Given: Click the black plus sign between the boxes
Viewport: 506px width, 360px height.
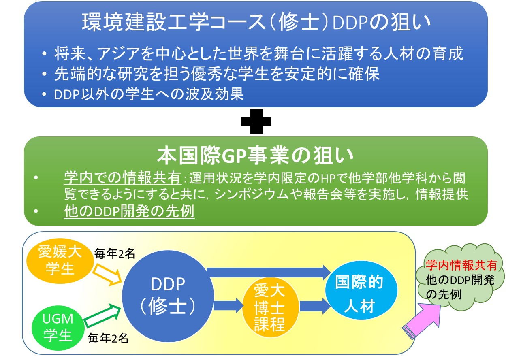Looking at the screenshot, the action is [x=256, y=121].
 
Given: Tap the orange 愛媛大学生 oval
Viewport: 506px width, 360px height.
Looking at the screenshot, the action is [x=60, y=261].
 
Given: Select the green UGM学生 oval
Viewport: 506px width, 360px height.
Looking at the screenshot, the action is [x=58, y=328].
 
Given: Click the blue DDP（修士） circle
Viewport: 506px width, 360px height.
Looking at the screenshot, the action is [x=168, y=296].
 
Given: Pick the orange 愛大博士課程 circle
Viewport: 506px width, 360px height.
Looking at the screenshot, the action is [x=271, y=307].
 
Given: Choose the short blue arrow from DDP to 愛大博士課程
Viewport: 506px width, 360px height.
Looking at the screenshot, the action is [x=228, y=306].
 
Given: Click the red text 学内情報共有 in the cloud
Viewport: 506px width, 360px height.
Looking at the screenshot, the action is [x=461, y=265].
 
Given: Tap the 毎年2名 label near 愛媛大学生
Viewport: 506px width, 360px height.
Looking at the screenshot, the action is [x=115, y=253].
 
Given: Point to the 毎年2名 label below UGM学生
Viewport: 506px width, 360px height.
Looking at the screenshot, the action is [x=108, y=338].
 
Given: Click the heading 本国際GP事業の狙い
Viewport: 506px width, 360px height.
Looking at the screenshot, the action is [x=255, y=156].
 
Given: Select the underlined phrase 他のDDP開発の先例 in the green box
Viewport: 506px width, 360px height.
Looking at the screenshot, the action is [x=129, y=211].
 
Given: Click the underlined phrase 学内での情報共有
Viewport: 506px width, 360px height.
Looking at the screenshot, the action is [x=123, y=178].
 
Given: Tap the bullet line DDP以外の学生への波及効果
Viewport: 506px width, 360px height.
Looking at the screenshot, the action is [x=149, y=94].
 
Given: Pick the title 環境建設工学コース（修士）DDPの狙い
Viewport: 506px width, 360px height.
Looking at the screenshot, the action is [x=256, y=22].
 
